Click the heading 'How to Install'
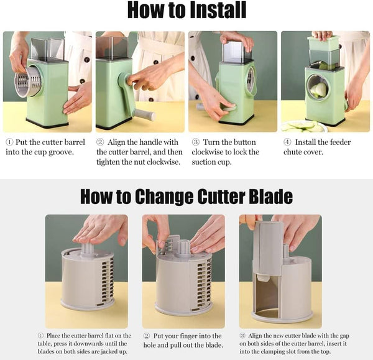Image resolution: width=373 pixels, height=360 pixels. [186, 11]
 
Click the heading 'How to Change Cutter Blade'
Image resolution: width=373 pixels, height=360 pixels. [186, 196]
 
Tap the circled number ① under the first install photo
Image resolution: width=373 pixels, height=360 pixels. [9, 142]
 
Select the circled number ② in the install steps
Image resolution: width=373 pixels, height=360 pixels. [101, 142]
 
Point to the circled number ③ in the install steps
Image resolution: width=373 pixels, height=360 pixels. [195, 142]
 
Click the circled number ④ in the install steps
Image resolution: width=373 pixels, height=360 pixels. [287, 142]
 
